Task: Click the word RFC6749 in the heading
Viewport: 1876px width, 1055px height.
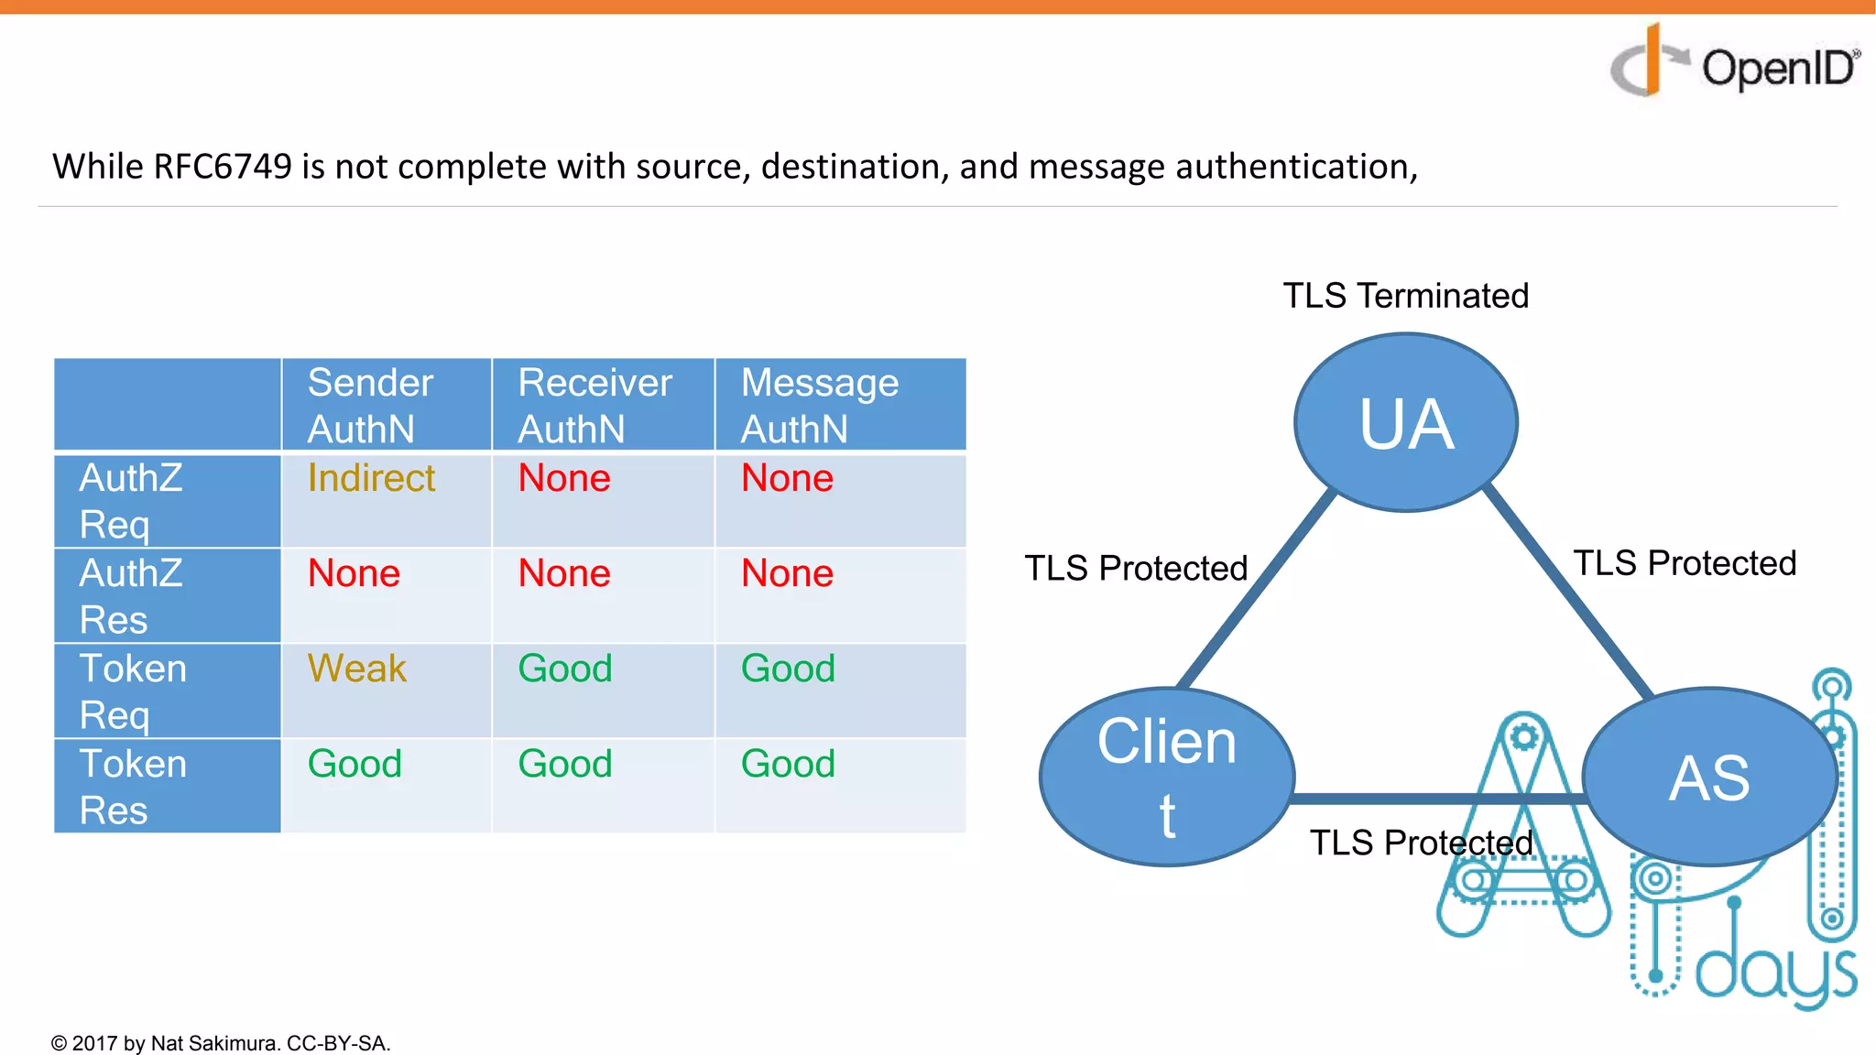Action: [x=222, y=167]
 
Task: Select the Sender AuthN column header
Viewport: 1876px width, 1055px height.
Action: [x=370, y=405]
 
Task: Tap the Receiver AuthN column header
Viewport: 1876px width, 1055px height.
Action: [x=594, y=405]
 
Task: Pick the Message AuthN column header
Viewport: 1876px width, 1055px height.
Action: [x=820, y=405]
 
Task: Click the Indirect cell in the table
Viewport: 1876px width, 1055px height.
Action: [x=371, y=478]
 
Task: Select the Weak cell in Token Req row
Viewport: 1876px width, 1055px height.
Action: [x=356, y=669]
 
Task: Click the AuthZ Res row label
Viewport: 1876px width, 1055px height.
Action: [x=131, y=596]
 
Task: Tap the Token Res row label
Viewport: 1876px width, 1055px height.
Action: [x=133, y=787]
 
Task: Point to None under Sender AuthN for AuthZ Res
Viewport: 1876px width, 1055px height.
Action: [x=354, y=573]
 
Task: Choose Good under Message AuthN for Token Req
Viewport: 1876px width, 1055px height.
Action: [x=788, y=669]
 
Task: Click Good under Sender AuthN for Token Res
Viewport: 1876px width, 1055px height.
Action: [x=354, y=764]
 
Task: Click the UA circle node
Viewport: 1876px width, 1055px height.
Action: [x=1406, y=423]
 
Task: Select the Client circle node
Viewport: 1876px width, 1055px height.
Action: [x=1167, y=777]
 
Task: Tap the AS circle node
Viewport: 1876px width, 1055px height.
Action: [x=1709, y=777]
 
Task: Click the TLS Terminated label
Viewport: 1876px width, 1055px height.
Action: [x=1405, y=296]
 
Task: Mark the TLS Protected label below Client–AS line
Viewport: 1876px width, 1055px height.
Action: [x=1421, y=843]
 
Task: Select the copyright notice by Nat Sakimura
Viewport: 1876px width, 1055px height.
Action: [x=221, y=1043]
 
